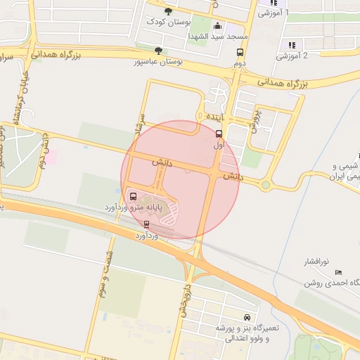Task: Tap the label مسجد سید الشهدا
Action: pyautogui.click(x=214, y=36)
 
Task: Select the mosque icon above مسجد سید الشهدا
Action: pyautogui.click(x=217, y=25)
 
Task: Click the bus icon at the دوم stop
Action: pyautogui.click(x=240, y=53)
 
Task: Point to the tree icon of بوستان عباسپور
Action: pyautogui.click(x=158, y=51)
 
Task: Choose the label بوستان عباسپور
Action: pyautogui.click(x=158, y=62)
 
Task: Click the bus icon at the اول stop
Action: pyautogui.click(x=219, y=134)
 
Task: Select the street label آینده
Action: pyautogui.click(x=214, y=115)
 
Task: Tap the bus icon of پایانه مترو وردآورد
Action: pyautogui.click(x=134, y=197)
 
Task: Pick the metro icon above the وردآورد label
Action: pyautogui.click(x=146, y=225)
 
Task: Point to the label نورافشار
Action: pyautogui.click(x=319, y=262)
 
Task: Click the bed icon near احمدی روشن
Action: pyautogui.click(x=338, y=272)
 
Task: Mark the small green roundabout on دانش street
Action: pyautogui.click(x=266, y=186)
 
